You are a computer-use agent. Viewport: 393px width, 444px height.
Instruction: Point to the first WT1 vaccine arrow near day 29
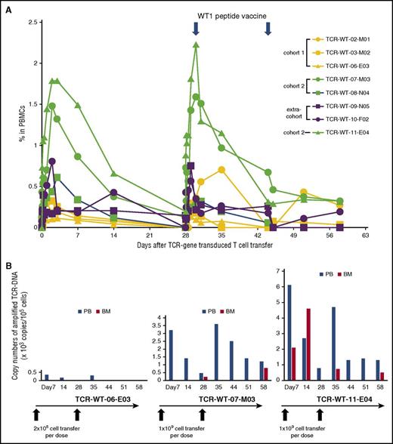coord(196,27)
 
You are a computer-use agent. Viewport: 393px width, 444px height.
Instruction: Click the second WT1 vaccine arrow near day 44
coord(268,27)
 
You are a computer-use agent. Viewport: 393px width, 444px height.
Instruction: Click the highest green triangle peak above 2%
coord(196,44)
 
